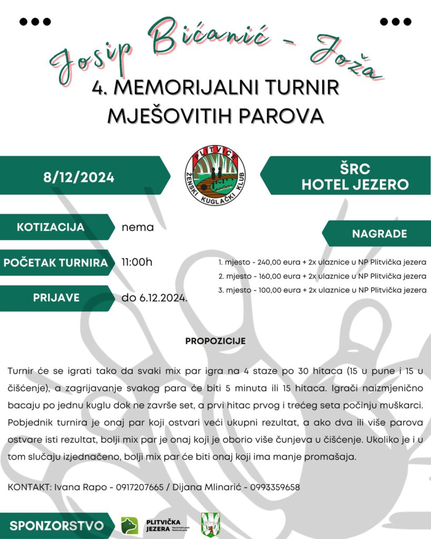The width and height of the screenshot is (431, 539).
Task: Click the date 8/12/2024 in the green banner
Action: click(78, 177)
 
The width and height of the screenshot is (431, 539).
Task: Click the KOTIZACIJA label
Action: click(51, 227)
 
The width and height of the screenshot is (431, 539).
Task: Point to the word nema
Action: click(137, 228)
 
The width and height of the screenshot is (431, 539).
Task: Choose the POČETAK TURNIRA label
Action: click(56, 263)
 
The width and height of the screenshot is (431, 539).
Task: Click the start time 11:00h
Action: click(137, 262)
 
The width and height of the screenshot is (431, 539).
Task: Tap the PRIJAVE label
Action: click(56, 297)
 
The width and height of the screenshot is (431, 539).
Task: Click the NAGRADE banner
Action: click(379, 234)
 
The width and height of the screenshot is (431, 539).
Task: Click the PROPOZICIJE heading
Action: click(215, 341)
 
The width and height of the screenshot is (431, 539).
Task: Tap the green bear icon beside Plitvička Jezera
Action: click(129, 525)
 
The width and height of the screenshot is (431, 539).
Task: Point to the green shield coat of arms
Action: click(211, 525)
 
